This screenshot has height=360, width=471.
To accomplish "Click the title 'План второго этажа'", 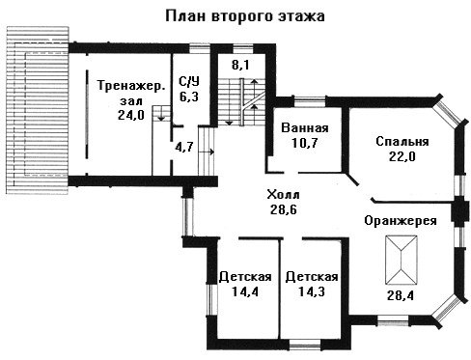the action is pos(245,16).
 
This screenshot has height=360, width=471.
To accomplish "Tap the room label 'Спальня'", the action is pos(402,142).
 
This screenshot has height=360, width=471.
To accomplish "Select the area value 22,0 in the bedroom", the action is pos(402,156).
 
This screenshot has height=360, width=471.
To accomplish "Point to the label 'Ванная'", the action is pos(305,128).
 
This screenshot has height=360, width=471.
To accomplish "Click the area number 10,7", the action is pos(305,143).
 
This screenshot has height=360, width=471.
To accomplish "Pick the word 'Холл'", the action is pos(283,195).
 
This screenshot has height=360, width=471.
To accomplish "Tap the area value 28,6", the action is pos(284,209).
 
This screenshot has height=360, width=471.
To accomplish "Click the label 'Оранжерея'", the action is pos(401,221).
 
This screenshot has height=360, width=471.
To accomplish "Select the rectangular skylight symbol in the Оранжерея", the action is pos(402,261).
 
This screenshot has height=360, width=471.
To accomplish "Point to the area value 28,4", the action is pos(401,295).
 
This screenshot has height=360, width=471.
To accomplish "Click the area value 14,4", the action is pos(245,291).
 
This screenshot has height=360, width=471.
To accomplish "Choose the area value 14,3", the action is pos(312,291).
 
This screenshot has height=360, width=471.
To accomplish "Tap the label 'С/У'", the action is pos(189,82).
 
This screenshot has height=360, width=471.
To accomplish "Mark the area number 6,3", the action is pos(189,97).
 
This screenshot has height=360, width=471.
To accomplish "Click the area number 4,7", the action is pos(184,147).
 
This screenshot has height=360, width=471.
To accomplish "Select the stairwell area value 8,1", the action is pos(240,65).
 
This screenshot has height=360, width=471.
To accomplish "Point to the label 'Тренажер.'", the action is pos(131,86).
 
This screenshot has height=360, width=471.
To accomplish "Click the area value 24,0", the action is pos(131,115).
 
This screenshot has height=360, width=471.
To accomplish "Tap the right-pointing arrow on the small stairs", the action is pos(207,152).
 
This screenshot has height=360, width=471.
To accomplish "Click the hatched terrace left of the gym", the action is pos(38,110).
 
